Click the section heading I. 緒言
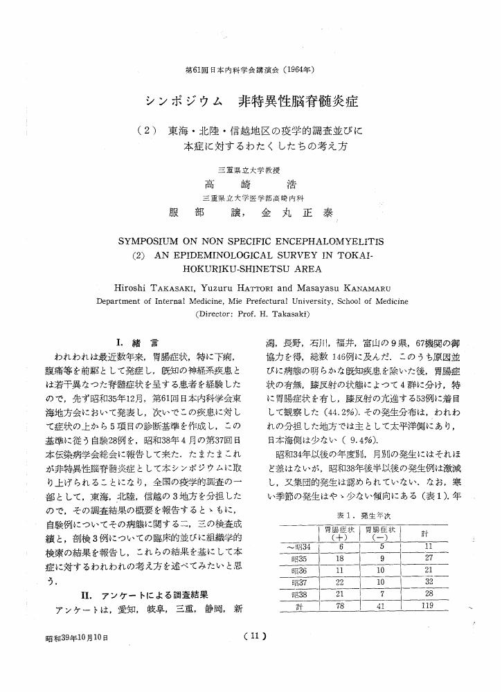coord(139,341)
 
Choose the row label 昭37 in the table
coord(299,582)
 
